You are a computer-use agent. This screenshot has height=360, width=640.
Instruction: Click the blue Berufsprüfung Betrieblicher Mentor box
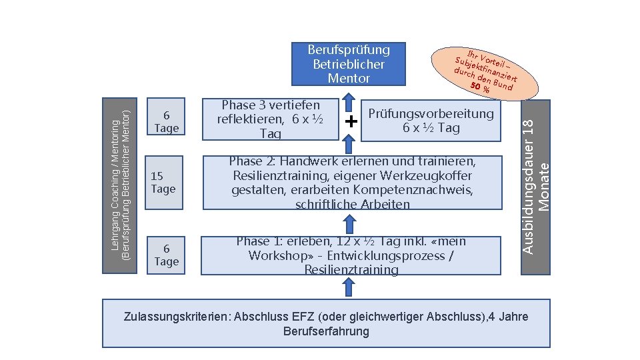tap(349, 64)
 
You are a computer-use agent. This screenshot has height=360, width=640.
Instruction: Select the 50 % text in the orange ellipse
tap(480, 87)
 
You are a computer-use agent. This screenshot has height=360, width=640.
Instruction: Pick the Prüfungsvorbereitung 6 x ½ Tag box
tap(431, 120)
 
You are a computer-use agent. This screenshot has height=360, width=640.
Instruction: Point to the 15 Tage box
tap(163, 182)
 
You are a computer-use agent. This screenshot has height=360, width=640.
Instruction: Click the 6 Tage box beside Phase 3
tap(165, 121)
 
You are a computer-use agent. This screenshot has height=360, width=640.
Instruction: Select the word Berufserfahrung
tap(326, 331)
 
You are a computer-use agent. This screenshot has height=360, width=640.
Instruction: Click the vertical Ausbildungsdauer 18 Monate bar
tap(536, 187)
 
